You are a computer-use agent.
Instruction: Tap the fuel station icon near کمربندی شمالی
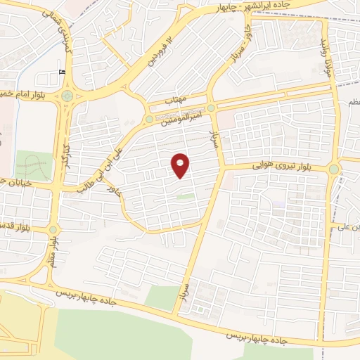[63, 71]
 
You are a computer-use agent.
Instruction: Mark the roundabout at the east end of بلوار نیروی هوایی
[333, 169]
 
